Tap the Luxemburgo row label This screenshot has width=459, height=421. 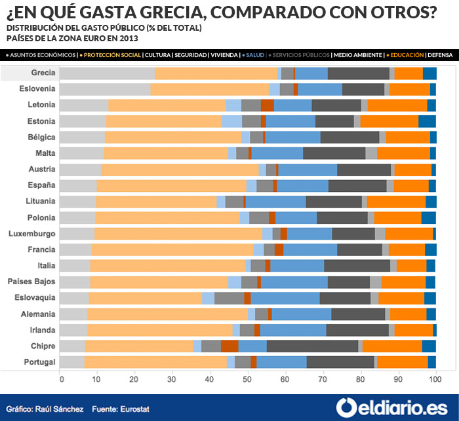pos(33,233)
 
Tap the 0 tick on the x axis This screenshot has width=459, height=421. pos(60,378)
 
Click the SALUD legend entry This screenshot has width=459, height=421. pos(254,55)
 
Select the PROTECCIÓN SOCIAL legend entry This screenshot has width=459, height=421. pos(112,55)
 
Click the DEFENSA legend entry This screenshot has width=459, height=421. pos(441,55)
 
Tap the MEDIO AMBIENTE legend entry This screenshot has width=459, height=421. pos(359,55)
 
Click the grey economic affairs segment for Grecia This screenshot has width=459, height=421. pos(107,73)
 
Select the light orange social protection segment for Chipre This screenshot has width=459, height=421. pos(139,346)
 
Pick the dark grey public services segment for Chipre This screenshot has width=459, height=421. pos(312,346)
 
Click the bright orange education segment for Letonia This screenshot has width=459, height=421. pos(397,105)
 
